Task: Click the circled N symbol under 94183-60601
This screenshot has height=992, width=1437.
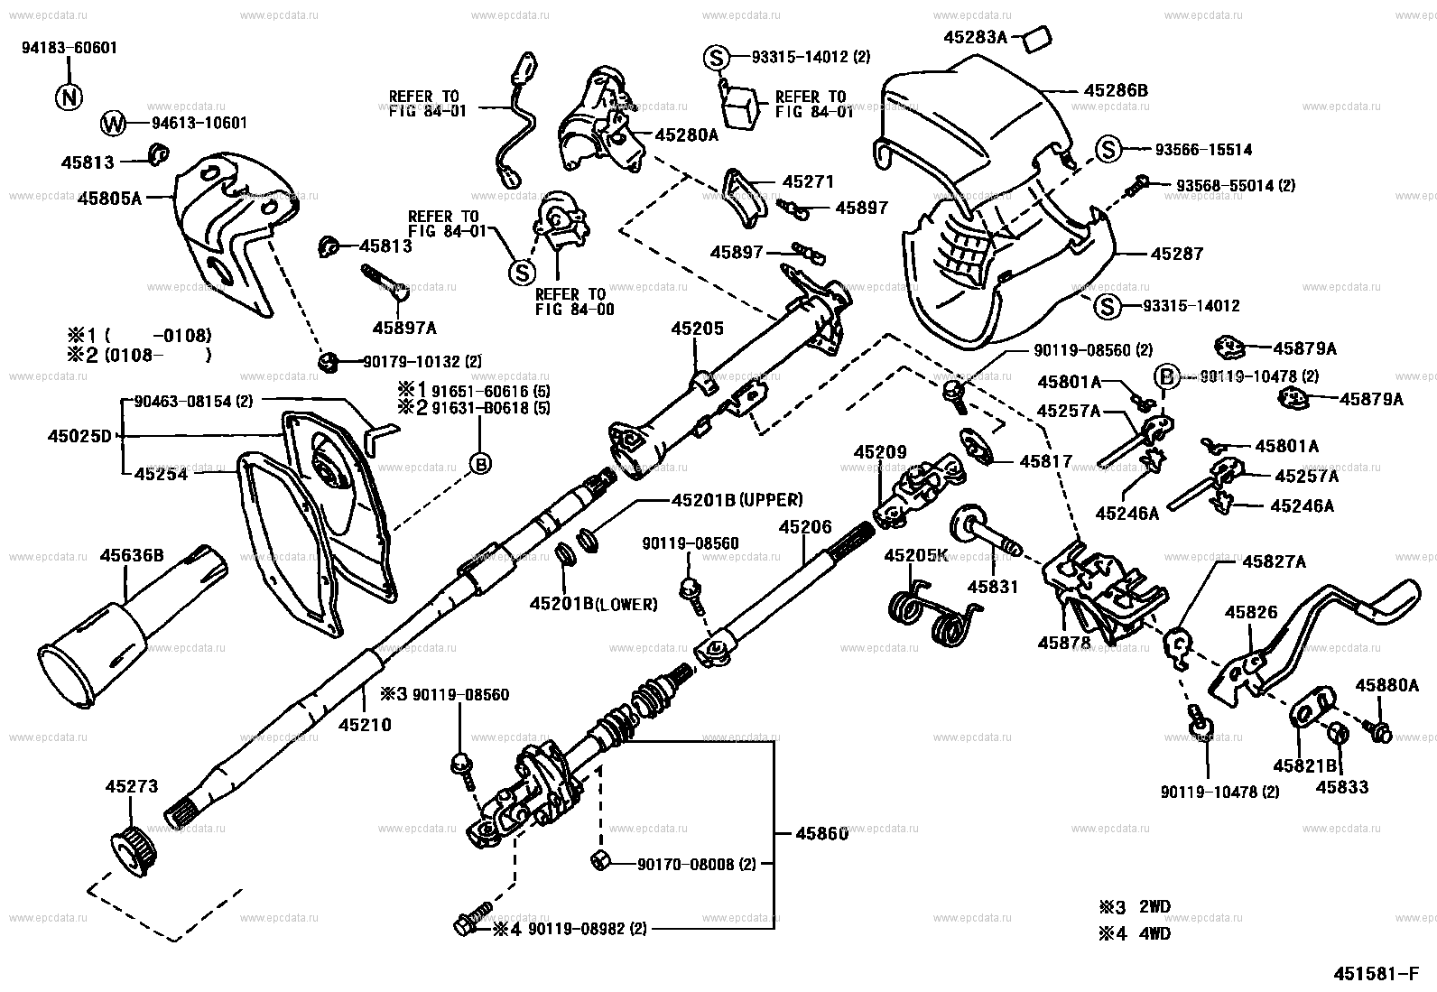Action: [69, 97]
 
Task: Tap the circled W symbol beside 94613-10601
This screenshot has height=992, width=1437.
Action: [112, 124]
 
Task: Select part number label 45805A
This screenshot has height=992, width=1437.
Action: [109, 196]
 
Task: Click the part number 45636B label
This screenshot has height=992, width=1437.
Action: [131, 556]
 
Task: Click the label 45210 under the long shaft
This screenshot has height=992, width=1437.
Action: [365, 723]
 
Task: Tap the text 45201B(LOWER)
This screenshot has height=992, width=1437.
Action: [593, 604]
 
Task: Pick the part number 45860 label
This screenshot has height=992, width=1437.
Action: [821, 833]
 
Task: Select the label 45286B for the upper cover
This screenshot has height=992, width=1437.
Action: [1116, 91]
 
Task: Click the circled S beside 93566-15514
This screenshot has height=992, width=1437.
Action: [1108, 150]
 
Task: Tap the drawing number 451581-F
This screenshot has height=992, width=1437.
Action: [1377, 975]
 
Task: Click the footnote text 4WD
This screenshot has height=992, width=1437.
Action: [1155, 934]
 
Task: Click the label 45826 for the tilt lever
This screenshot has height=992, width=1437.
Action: [1250, 612]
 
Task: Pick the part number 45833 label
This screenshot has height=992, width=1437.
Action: [1341, 786]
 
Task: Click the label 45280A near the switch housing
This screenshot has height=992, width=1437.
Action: [686, 135]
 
